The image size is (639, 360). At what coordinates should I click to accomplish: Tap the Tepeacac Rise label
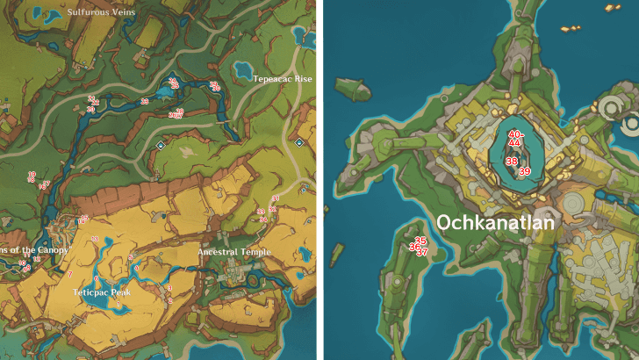coord(283,79)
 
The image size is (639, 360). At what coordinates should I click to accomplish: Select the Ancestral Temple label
coord(233,252)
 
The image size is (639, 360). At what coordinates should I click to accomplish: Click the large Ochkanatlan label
coord(495,223)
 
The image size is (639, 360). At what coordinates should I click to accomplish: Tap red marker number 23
coord(145,102)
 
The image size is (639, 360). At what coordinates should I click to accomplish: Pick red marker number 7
coord(69,274)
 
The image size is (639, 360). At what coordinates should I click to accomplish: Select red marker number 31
coord(276,198)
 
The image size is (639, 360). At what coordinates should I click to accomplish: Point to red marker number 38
coord(511,161)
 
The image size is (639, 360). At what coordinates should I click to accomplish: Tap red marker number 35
coord(420,241)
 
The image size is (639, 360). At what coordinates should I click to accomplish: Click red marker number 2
coord(169,300)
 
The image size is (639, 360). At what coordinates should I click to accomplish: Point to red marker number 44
coord(515,142)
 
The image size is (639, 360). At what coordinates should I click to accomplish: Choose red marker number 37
coord(422,253)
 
